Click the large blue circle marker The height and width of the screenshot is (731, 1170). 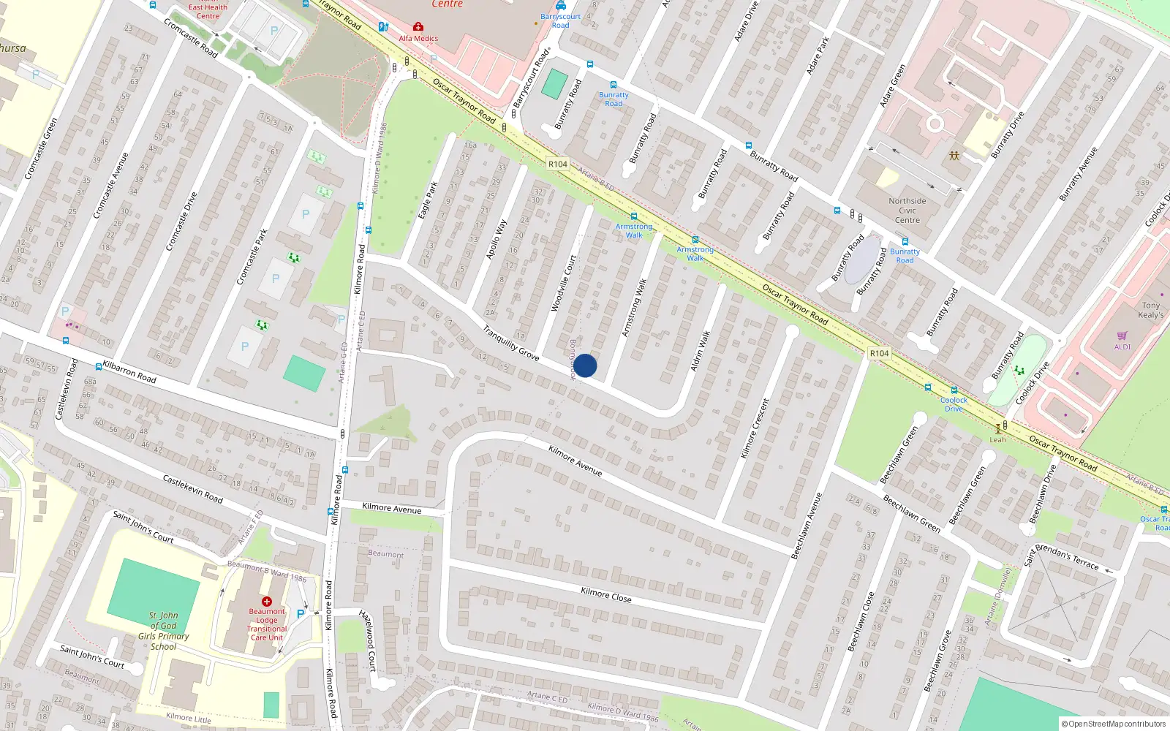pyautogui.click(x=585, y=365)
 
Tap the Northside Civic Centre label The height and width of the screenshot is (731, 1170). pyautogui.click(x=907, y=211)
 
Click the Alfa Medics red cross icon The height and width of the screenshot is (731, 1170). pyautogui.click(x=418, y=27)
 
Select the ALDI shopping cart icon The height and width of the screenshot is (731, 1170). pyautogui.click(x=1122, y=336)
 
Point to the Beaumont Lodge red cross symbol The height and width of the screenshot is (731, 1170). pyautogui.click(x=267, y=602)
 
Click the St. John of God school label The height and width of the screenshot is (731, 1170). pyautogui.click(x=164, y=631)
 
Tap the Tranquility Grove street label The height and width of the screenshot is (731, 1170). pyautogui.click(x=511, y=343)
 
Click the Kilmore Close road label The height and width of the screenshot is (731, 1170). pyautogui.click(x=605, y=594)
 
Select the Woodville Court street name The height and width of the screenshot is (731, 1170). pyautogui.click(x=564, y=284)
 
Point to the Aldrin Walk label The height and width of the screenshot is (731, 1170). pyautogui.click(x=701, y=351)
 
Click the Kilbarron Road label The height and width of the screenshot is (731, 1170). pyautogui.click(x=129, y=371)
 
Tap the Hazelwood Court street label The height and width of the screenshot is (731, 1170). pyautogui.click(x=368, y=641)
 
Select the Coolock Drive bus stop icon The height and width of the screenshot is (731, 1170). pyautogui.click(x=954, y=390)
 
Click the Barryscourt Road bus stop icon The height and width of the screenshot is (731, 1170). pyautogui.click(x=561, y=6)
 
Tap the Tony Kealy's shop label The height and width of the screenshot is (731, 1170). pyautogui.click(x=1150, y=310)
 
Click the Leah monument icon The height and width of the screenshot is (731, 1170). pyautogui.click(x=998, y=430)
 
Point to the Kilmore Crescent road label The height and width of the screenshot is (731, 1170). pyautogui.click(x=755, y=428)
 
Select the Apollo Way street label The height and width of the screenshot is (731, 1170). pyautogui.click(x=497, y=240)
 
